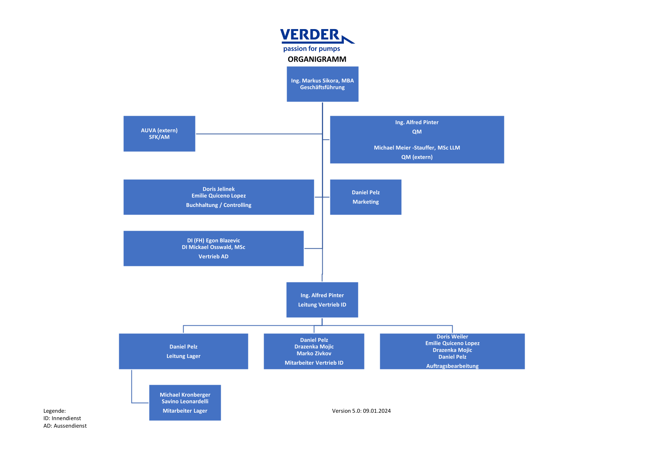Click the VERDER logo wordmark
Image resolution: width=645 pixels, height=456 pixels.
pos(310,35)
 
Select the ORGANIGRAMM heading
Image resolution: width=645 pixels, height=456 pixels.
pos(317,59)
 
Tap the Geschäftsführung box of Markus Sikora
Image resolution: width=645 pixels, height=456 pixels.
pos(323,84)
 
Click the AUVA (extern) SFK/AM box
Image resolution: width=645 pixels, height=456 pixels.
pos(159,134)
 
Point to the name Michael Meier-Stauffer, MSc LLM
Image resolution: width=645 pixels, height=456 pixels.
pos(417,148)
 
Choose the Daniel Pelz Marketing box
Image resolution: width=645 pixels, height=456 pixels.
pos(366,197)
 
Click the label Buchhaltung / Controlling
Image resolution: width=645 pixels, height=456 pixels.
pos(218,205)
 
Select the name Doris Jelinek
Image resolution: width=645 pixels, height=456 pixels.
pos(218,189)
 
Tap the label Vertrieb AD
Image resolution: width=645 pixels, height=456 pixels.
pos(213,256)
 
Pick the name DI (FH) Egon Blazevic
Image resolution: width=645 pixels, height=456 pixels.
pos(213,240)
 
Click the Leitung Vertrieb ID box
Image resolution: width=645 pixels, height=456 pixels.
pos(322,300)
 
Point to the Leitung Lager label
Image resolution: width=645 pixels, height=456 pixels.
pos(184,356)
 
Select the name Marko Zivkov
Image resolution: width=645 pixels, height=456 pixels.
pos(314,353)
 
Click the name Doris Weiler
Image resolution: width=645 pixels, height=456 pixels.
pos(452,336)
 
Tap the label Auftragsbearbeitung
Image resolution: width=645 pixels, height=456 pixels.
pos(452,366)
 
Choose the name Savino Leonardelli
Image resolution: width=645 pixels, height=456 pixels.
pos(185,401)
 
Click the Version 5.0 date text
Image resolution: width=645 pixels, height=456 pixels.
pos(361,411)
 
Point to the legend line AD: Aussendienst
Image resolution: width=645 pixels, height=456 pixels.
pos(65,426)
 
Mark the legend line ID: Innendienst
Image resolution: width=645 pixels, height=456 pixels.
pos(62,418)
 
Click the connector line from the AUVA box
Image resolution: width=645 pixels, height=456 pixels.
pos(259,134)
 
